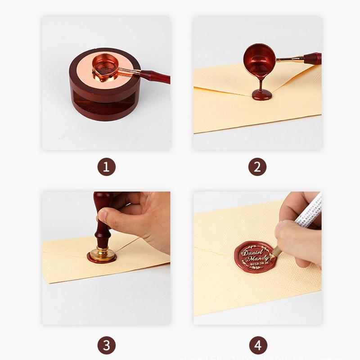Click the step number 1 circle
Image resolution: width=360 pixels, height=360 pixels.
(106, 167)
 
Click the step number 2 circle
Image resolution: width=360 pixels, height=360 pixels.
(257, 167)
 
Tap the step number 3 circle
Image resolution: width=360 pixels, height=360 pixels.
(106, 346)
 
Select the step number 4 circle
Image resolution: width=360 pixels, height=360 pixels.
(257, 346)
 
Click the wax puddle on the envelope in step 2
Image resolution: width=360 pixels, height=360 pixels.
(261, 94)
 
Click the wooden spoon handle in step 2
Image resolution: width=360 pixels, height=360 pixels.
(312, 58)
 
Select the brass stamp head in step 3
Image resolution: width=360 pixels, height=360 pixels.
(102, 252)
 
